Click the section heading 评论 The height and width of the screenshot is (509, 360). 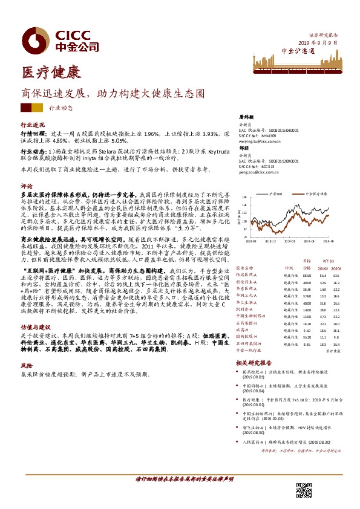point(26,186)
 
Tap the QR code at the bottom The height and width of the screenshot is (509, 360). point(303,489)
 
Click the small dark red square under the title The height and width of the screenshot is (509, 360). point(26,108)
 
